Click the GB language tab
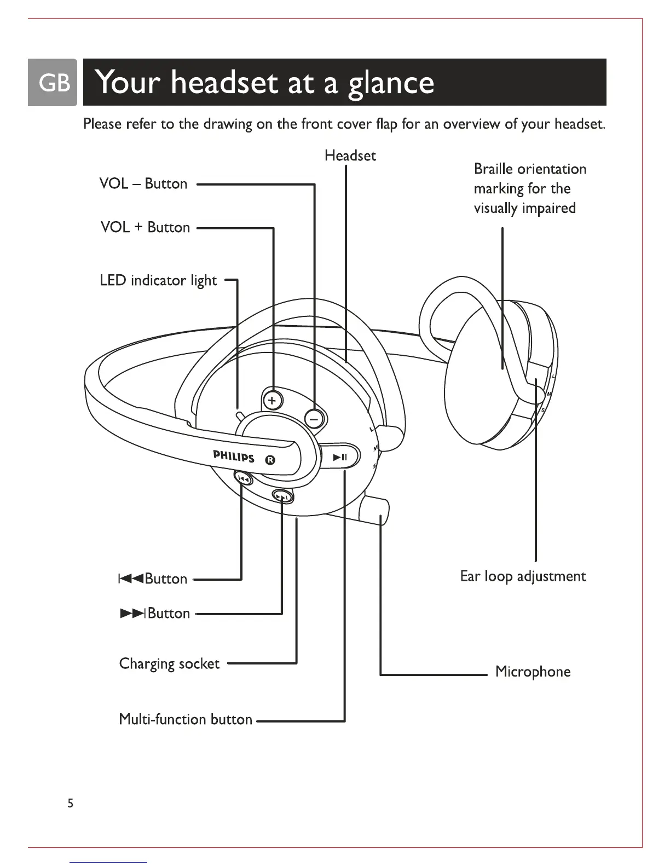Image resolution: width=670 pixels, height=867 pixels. click(53, 83)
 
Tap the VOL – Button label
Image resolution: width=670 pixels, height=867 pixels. click(143, 184)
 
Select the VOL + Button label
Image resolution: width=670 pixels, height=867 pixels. click(145, 227)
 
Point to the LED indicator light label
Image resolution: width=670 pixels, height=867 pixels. click(158, 281)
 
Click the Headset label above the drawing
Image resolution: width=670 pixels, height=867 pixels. click(350, 156)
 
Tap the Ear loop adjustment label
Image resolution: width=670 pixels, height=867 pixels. click(523, 576)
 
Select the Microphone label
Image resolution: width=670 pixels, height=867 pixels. click(533, 672)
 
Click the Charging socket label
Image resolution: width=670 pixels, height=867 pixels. click(169, 664)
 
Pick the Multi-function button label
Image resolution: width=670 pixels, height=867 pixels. click(186, 719)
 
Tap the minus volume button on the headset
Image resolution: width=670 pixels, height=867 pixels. click(314, 419)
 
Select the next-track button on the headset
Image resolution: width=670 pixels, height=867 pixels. click(282, 496)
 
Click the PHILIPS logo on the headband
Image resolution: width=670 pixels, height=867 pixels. click(234, 456)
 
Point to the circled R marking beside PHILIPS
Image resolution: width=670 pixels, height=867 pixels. click(269, 460)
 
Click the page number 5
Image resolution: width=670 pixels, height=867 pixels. click(70, 804)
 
